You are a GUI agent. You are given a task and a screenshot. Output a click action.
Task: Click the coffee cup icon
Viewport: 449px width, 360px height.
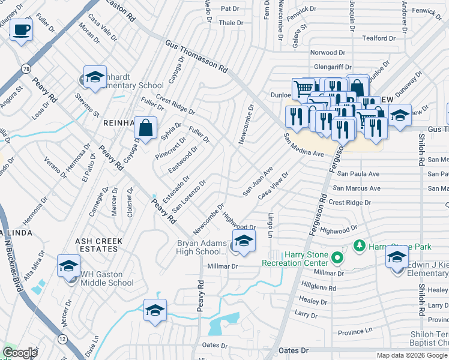pyautogui.click(x=22, y=29)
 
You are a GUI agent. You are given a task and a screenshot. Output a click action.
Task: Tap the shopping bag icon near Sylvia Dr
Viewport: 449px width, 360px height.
pyautogui.click(x=145, y=127)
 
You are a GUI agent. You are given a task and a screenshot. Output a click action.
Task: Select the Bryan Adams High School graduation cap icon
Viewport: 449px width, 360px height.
pyautogui.click(x=244, y=241)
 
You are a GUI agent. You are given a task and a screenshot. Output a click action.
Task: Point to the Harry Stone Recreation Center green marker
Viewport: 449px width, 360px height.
pyautogui.click(x=337, y=259)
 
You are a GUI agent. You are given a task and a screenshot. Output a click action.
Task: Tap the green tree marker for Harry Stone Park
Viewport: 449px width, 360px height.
pyautogui.click(x=359, y=245)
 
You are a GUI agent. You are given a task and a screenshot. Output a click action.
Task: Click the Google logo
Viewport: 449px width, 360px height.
pyautogui.click(x=20, y=352)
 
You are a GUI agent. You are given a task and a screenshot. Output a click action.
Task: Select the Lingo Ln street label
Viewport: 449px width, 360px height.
pyautogui.click(x=271, y=223)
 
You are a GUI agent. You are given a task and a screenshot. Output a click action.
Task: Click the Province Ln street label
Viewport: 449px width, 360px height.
pyautogui.click(x=355, y=332)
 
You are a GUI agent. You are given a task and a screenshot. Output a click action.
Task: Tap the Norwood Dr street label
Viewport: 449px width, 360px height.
pyautogui.click(x=328, y=52)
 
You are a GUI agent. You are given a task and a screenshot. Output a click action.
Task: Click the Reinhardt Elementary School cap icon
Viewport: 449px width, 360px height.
pyautogui.click(x=94, y=77)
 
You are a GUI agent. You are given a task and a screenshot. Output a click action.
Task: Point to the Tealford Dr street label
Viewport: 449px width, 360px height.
pyautogui.click(x=379, y=38)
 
